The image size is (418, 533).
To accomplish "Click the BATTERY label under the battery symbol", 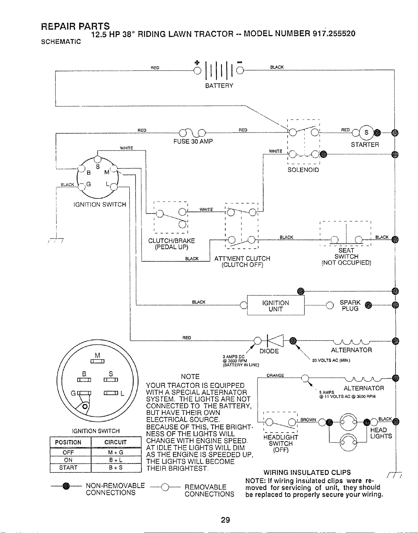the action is (219, 86).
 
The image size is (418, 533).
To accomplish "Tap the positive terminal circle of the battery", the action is (197, 71).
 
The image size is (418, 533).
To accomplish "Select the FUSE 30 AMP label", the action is (193, 142).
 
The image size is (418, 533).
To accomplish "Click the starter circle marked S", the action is (366, 132).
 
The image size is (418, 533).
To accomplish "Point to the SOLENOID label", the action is (303, 170).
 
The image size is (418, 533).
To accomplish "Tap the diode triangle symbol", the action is (275, 341).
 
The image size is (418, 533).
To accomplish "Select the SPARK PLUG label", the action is (350, 306).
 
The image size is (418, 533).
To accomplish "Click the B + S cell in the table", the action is (116, 467).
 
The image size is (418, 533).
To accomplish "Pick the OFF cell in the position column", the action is (68, 452).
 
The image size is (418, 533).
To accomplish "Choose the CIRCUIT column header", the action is (115, 442).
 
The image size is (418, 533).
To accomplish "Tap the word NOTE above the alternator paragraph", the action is (190, 377).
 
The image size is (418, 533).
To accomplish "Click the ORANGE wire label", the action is (275, 375).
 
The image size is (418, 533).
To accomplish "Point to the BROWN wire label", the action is (308, 420).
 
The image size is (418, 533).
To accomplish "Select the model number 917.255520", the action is (334, 34).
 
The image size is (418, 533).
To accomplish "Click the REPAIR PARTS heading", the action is (76, 26).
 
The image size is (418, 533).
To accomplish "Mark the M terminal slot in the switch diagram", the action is (97, 361).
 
